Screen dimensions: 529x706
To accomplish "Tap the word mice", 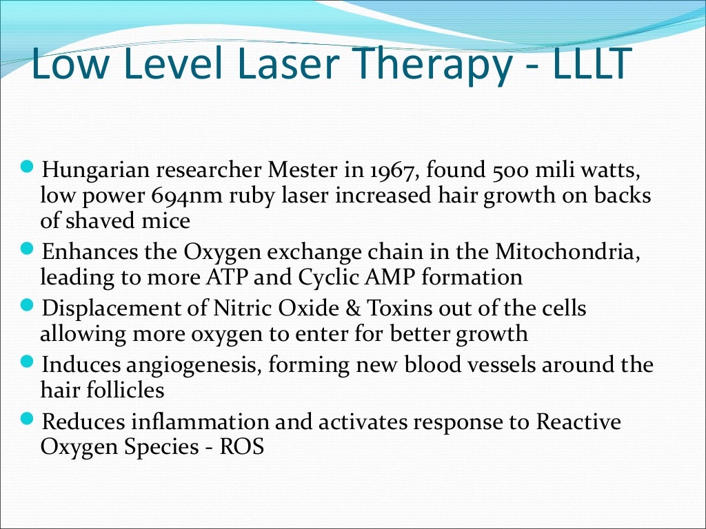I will tap(166, 222).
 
